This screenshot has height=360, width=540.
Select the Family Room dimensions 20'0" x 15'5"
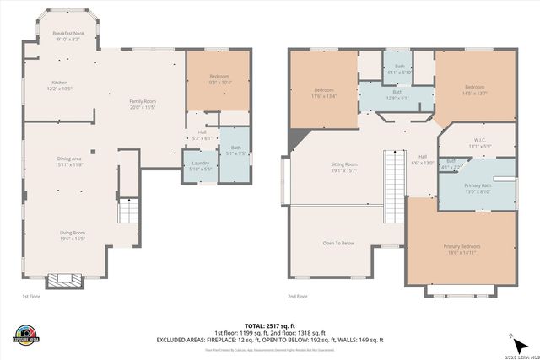[143, 108]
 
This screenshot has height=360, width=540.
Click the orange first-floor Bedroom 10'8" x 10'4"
[219, 79]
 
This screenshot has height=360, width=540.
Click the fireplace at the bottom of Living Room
[63, 281]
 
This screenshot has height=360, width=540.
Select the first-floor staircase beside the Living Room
[127, 211]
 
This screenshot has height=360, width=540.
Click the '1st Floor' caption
[30, 297]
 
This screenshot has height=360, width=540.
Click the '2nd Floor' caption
[297, 297]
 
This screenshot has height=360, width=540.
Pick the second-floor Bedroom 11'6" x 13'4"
[325, 92]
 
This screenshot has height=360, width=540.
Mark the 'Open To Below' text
[338, 243]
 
